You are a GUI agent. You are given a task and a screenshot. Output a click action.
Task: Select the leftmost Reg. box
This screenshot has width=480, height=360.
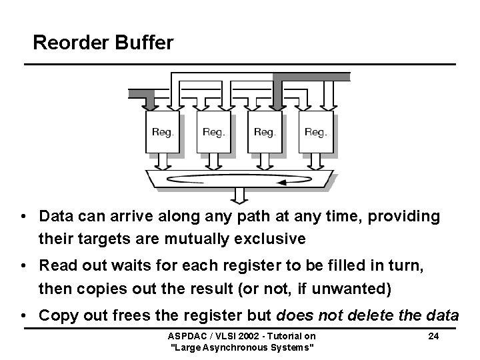(162, 132)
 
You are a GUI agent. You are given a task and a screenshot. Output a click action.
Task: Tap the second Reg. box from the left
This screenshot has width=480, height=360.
(213, 132)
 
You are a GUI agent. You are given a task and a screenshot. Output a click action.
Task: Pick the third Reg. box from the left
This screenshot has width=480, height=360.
(265, 132)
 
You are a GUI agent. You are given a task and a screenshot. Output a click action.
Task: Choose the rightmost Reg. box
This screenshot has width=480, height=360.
(315, 132)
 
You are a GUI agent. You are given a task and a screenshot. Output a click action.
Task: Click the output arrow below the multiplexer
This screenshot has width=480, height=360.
(239, 195)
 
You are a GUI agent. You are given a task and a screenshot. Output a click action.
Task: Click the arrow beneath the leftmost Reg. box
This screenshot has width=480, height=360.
(162, 162)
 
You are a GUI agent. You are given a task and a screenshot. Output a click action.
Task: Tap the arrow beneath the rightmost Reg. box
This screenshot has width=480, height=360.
(315, 162)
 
